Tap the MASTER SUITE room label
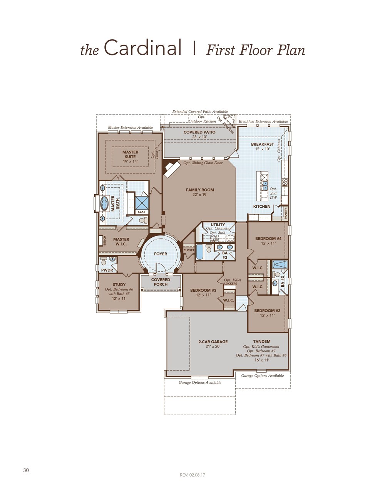[130, 154]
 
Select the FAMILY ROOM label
[200, 190]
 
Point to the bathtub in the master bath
[104, 203]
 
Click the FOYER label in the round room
[161, 254]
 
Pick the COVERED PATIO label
[199, 132]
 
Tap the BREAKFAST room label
[262, 144]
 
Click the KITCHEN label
[262, 207]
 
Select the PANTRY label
[286, 213]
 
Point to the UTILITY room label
[218, 225]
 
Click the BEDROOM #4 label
[268, 239]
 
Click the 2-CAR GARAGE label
[213, 341]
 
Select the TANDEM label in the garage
[262, 341]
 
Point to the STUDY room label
[119, 284]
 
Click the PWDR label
[107, 270]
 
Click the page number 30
[26, 470]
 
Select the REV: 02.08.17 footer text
[192, 475]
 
